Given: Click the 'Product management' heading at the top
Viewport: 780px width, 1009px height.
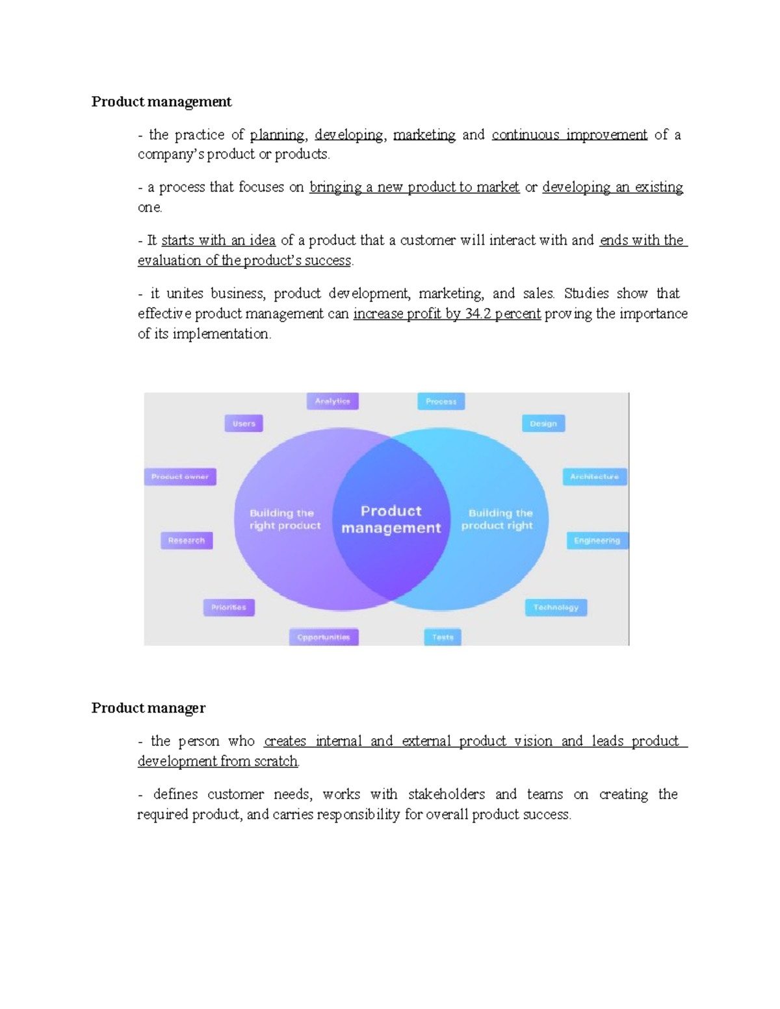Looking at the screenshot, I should (161, 102).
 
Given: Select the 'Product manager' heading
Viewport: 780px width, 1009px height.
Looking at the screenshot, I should (148, 708).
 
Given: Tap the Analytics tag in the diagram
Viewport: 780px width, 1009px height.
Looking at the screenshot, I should (332, 402).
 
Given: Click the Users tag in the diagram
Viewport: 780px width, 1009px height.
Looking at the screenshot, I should (244, 424).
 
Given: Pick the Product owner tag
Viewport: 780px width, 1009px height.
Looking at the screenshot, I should (179, 477).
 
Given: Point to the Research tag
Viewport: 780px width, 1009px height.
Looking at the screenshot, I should (187, 541).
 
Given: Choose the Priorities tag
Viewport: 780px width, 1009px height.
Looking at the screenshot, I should (228, 607).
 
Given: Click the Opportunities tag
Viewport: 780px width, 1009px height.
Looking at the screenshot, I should (324, 637).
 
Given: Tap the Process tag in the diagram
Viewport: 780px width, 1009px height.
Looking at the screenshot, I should (441, 402).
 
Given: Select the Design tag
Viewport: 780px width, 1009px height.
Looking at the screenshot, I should (543, 424).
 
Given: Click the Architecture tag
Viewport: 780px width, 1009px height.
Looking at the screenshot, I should (594, 477).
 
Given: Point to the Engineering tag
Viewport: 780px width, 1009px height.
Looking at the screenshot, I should (597, 541).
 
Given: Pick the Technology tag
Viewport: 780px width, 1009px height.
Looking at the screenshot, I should (556, 607).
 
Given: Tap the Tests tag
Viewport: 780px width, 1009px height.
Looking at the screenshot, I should (443, 637).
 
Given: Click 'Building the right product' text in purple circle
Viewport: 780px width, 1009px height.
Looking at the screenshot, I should (285, 519).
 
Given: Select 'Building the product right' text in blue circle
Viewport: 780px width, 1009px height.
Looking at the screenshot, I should (497, 519).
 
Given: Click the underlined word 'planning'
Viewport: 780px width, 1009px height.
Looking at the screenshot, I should (278, 135).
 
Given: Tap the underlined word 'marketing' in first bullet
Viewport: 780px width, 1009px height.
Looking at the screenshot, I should (424, 135).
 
